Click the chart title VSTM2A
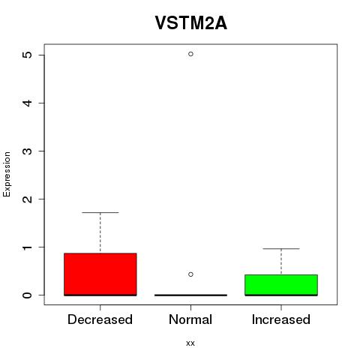pos(191,22)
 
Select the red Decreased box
pos(100,274)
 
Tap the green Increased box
pos(281,285)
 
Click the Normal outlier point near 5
pos(190,54)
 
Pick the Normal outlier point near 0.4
pos(190,274)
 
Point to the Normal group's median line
pos(190,295)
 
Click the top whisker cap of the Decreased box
pos(100,212)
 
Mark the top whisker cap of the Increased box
pos(281,249)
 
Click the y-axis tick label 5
pos(28,55)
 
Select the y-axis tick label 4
pos(28,103)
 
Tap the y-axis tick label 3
pos(28,151)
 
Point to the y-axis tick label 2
pos(28,199)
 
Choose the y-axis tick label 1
pos(28,247)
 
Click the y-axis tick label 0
pos(28,295)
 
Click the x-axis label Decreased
pos(100,319)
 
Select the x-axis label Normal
pos(190,319)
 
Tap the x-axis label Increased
pos(281,319)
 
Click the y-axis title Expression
pos(7,174)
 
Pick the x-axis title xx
pos(190,343)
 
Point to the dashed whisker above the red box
pos(100,232)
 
